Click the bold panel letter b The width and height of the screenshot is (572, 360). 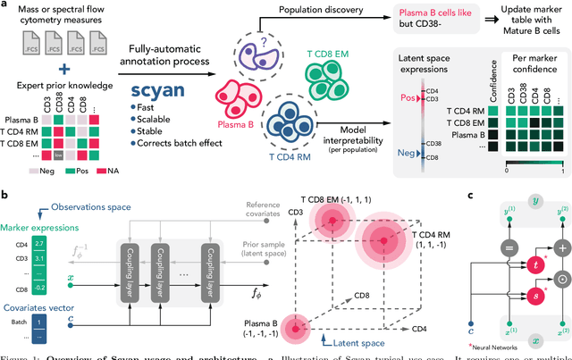pos(5,195)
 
